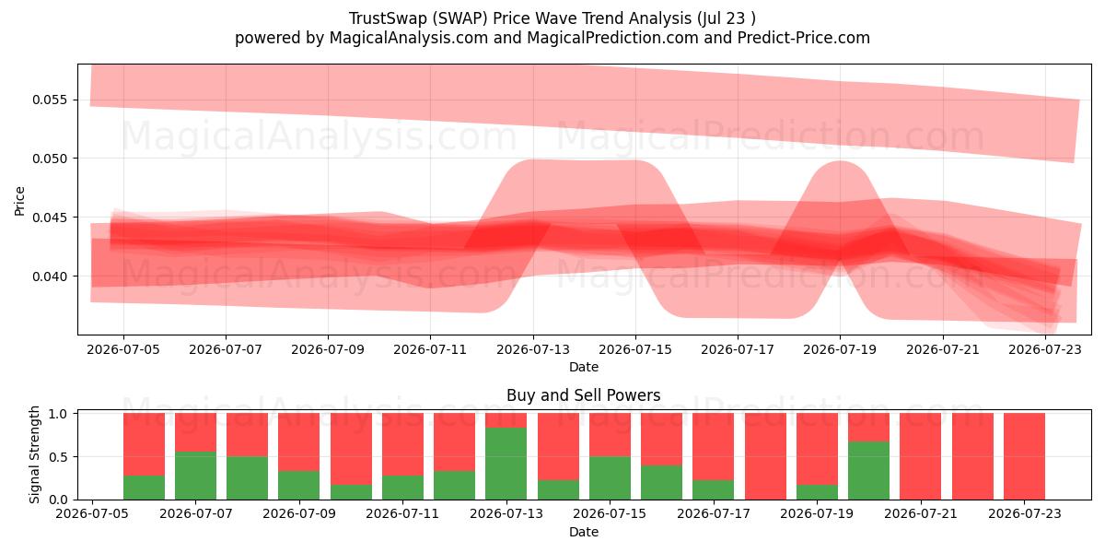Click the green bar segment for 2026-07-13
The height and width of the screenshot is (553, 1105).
[x=506, y=464]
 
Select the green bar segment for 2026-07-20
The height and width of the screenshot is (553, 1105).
[x=868, y=471]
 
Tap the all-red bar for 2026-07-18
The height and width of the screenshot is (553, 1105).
[x=765, y=456]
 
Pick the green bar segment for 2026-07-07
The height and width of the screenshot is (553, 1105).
[x=196, y=476]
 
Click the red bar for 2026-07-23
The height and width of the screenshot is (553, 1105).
[x=1024, y=456]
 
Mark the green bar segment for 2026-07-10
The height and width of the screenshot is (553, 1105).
[x=351, y=492]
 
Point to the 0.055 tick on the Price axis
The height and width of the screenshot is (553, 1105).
[x=75, y=100]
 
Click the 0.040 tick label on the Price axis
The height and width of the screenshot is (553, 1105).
[x=50, y=276]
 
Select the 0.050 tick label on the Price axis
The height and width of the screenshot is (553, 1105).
[x=50, y=159]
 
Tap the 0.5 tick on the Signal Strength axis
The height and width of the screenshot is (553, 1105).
[x=75, y=457]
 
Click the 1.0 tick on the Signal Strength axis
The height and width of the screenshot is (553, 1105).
[x=75, y=413]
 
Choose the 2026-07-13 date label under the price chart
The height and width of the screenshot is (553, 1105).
[x=533, y=349]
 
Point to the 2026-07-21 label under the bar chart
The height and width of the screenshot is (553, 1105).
[x=921, y=513]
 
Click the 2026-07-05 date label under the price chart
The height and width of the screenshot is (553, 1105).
[x=123, y=349]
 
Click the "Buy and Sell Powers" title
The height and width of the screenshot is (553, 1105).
[x=584, y=395]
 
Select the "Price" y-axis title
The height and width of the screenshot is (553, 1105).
[x=19, y=201]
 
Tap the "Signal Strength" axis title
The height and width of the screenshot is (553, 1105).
[x=34, y=454]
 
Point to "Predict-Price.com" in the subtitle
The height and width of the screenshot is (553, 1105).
[x=804, y=38]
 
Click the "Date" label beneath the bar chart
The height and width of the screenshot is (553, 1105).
[x=584, y=532]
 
